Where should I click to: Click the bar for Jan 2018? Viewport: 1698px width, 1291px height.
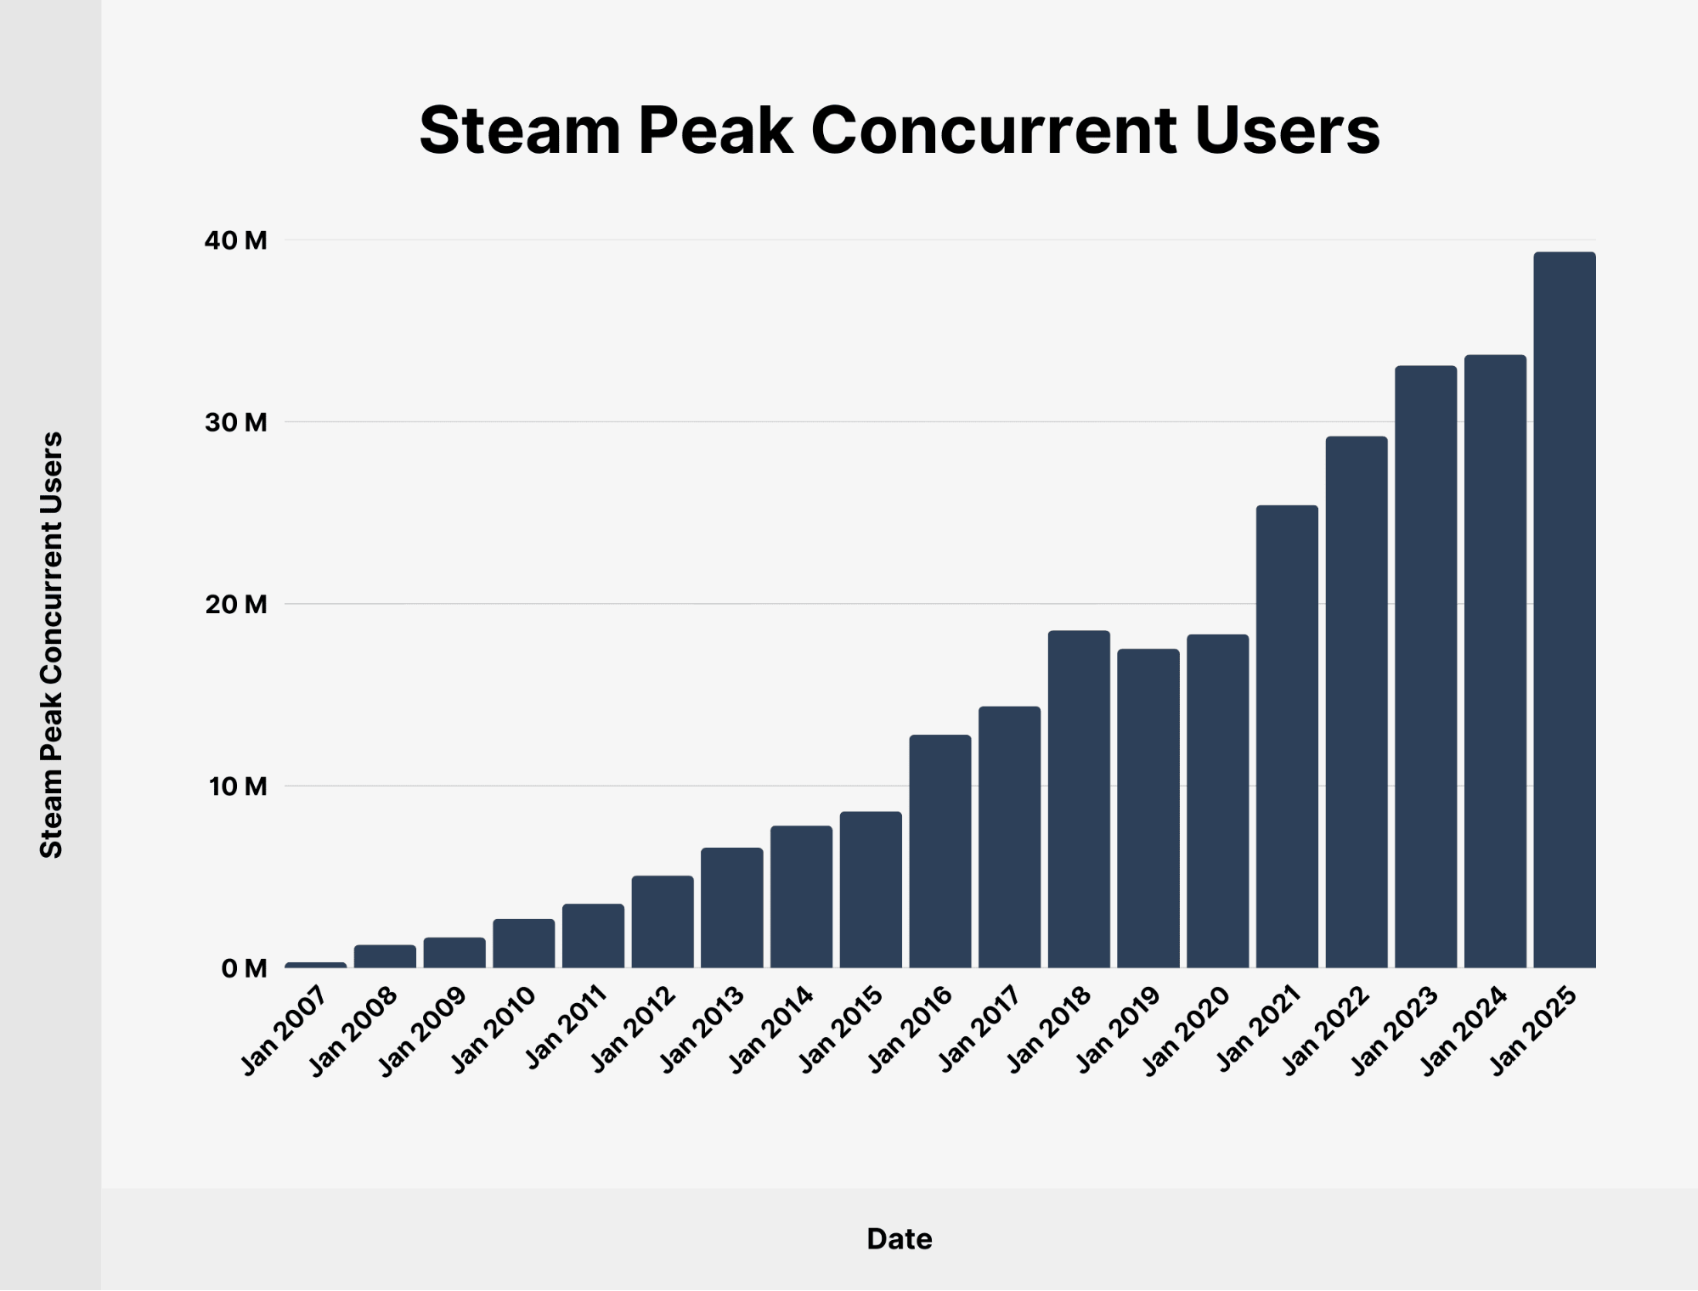point(1078,798)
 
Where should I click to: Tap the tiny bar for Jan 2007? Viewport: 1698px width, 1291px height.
point(315,965)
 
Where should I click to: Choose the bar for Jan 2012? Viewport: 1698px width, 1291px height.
point(662,922)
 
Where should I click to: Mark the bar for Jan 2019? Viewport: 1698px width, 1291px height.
point(1148,808)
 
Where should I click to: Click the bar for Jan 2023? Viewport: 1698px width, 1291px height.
point(1425,667)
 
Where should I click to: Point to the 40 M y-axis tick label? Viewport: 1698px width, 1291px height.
point(235,240)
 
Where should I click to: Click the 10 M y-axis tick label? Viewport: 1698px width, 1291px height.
point(235,786)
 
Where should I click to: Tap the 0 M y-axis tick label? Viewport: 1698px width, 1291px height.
point(243,968)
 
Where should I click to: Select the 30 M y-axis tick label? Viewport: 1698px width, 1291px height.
point(235,422)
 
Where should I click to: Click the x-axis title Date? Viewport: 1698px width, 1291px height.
point(899,1239)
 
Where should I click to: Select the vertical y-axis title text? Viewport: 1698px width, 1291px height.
point(52,645)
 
